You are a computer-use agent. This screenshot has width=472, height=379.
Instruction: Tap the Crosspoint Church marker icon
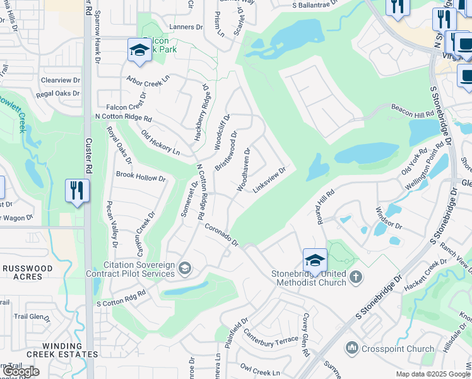pyautogui.click(x=351, y=348)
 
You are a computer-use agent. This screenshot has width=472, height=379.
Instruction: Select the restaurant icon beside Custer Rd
pyautogui.click(x=77, y=191)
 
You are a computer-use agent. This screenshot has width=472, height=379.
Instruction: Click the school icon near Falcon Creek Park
pyautogui.click(x=139, y=50)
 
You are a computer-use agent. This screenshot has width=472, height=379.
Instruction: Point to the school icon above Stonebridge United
pyautogui.click(x=315, y=260)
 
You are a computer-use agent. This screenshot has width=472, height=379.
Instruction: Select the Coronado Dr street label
pyautogui.click(x=221, y=234)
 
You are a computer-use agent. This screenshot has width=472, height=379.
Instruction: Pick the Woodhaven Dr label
pyautogui.click(x=244, y=169)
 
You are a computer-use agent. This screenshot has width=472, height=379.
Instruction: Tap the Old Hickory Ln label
pyautogui.click(x=160, y=143)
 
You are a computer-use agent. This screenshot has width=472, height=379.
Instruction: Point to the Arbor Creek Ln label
pyautogui.click(x=148, y=81)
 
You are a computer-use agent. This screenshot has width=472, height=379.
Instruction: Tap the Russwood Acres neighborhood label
pyautogui.click(x=27, y=272)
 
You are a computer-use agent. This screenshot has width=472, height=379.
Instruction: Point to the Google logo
pyautogui.click(x=20, y=371)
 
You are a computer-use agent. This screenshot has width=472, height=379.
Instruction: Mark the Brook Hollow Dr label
pyautogui.click(x=140, y=177)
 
